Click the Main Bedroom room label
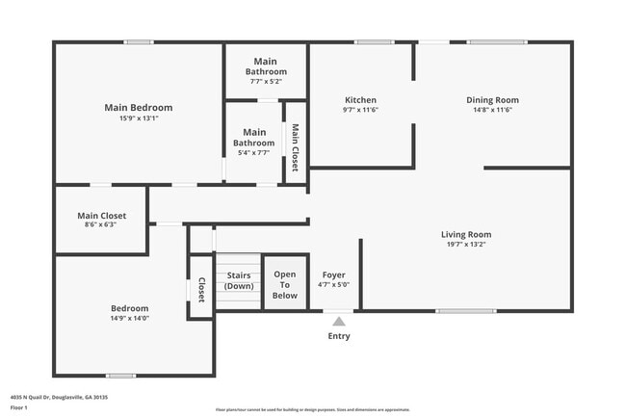coord(139,108)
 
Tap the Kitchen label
coord(360,100)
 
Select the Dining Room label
coord(492,100)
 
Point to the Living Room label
coord(466,234)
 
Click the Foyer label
coord(333,274)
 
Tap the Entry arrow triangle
coord(339,323)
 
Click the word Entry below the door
coord(339,336)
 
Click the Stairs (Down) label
coord(239,280)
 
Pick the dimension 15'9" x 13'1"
coord(139,118)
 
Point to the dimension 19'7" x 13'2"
coord(466,245)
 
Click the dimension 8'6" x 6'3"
coord(101,224)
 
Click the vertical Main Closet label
coord(295,147)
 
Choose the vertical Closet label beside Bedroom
coord(201,290)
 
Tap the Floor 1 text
coord(19,407)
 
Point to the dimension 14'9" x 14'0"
coord(129,318)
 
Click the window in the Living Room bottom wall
coord(466,310)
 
